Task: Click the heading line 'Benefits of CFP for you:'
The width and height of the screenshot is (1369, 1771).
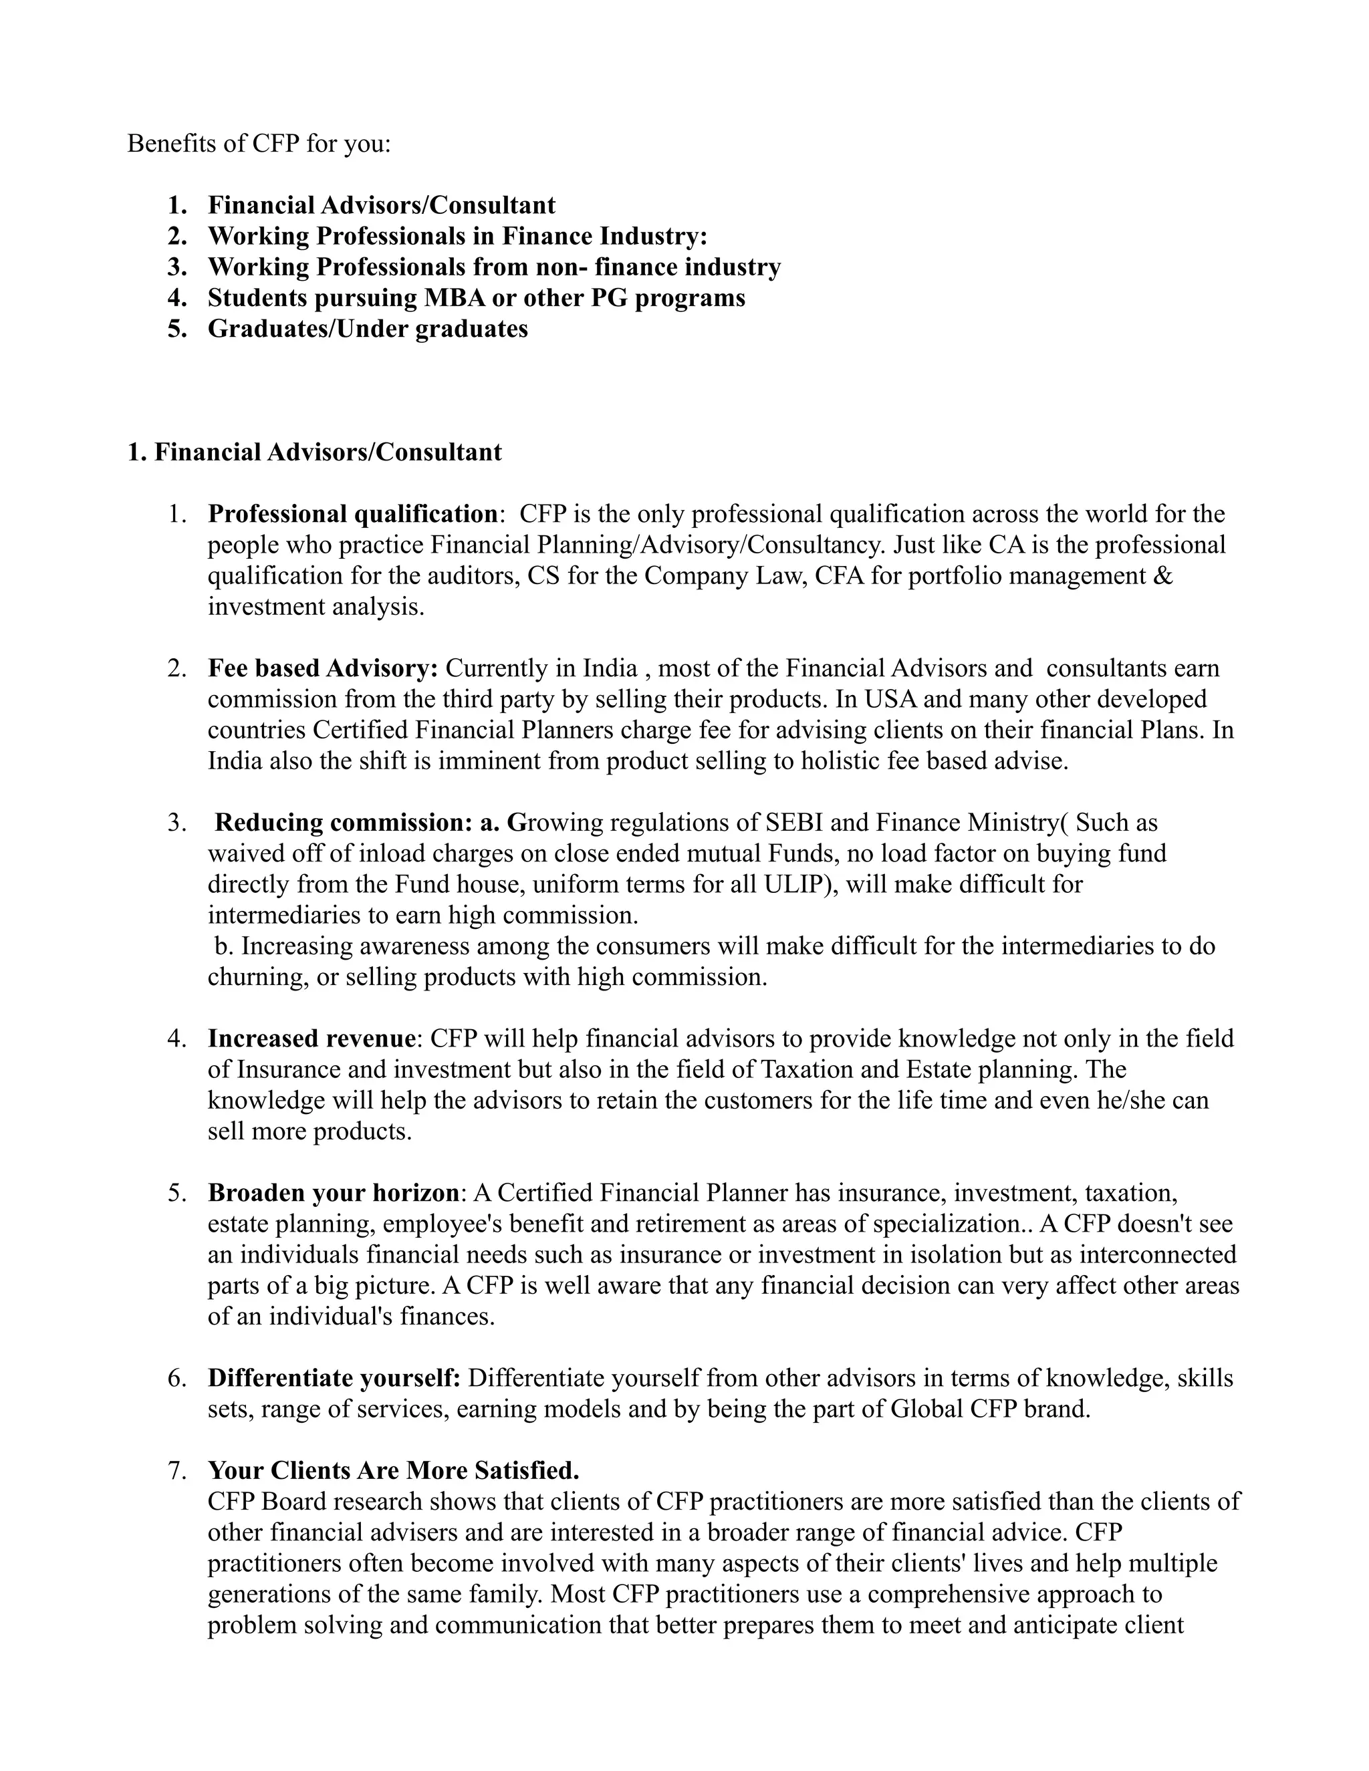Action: point(259,144)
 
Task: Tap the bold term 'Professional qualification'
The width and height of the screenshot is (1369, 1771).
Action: point(352,513)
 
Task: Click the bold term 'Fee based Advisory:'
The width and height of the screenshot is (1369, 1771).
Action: point(323,668)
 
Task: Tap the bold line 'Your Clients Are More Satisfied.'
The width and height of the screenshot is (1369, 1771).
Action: point(393,1470)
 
